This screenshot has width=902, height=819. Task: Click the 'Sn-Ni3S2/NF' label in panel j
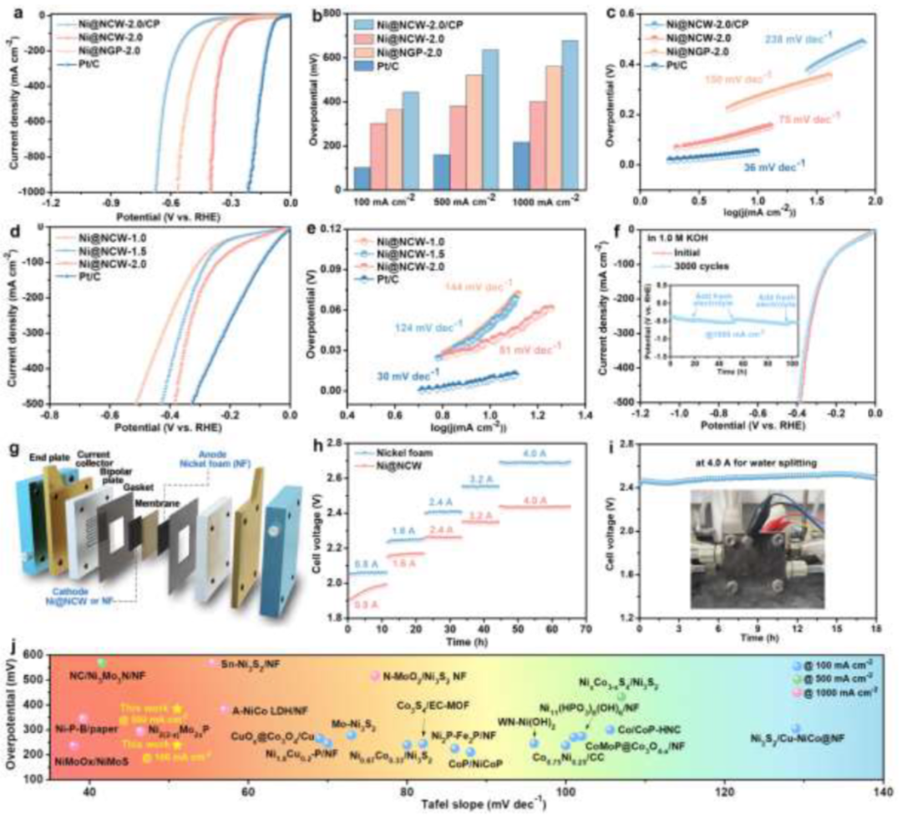249,663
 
